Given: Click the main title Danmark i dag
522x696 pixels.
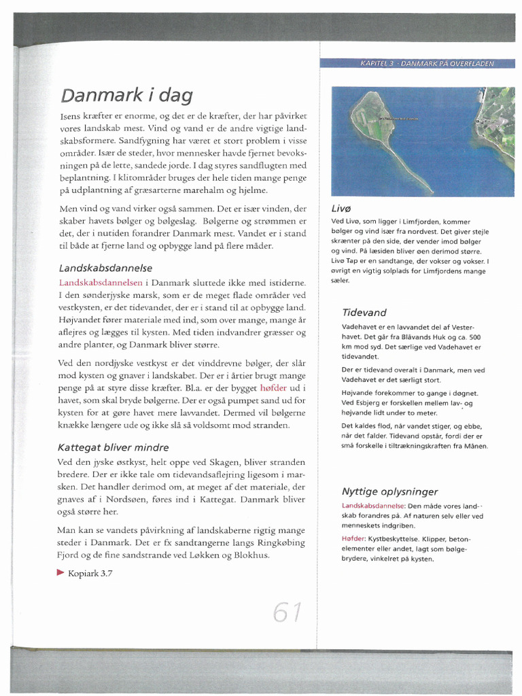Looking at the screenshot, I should point(126,94).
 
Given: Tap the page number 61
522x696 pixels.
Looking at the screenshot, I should point(288,612).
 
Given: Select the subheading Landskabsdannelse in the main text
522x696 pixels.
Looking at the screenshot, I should point(105,268).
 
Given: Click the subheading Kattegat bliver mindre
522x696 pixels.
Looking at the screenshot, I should point(113,447).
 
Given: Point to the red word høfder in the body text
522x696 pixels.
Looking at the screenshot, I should point(274,387).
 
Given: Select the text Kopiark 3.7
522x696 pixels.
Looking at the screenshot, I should point(90,573).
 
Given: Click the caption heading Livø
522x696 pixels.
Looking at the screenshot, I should point(341,208).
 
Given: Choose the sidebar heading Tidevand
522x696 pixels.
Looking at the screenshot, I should point(364,313).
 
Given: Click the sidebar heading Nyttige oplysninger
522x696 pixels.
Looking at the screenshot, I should point(389,491).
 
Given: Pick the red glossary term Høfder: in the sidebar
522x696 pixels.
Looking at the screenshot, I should point(353,539).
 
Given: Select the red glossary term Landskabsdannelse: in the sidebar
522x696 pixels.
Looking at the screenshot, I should point(373,506).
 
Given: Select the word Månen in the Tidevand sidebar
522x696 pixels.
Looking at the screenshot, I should point(475,446).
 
